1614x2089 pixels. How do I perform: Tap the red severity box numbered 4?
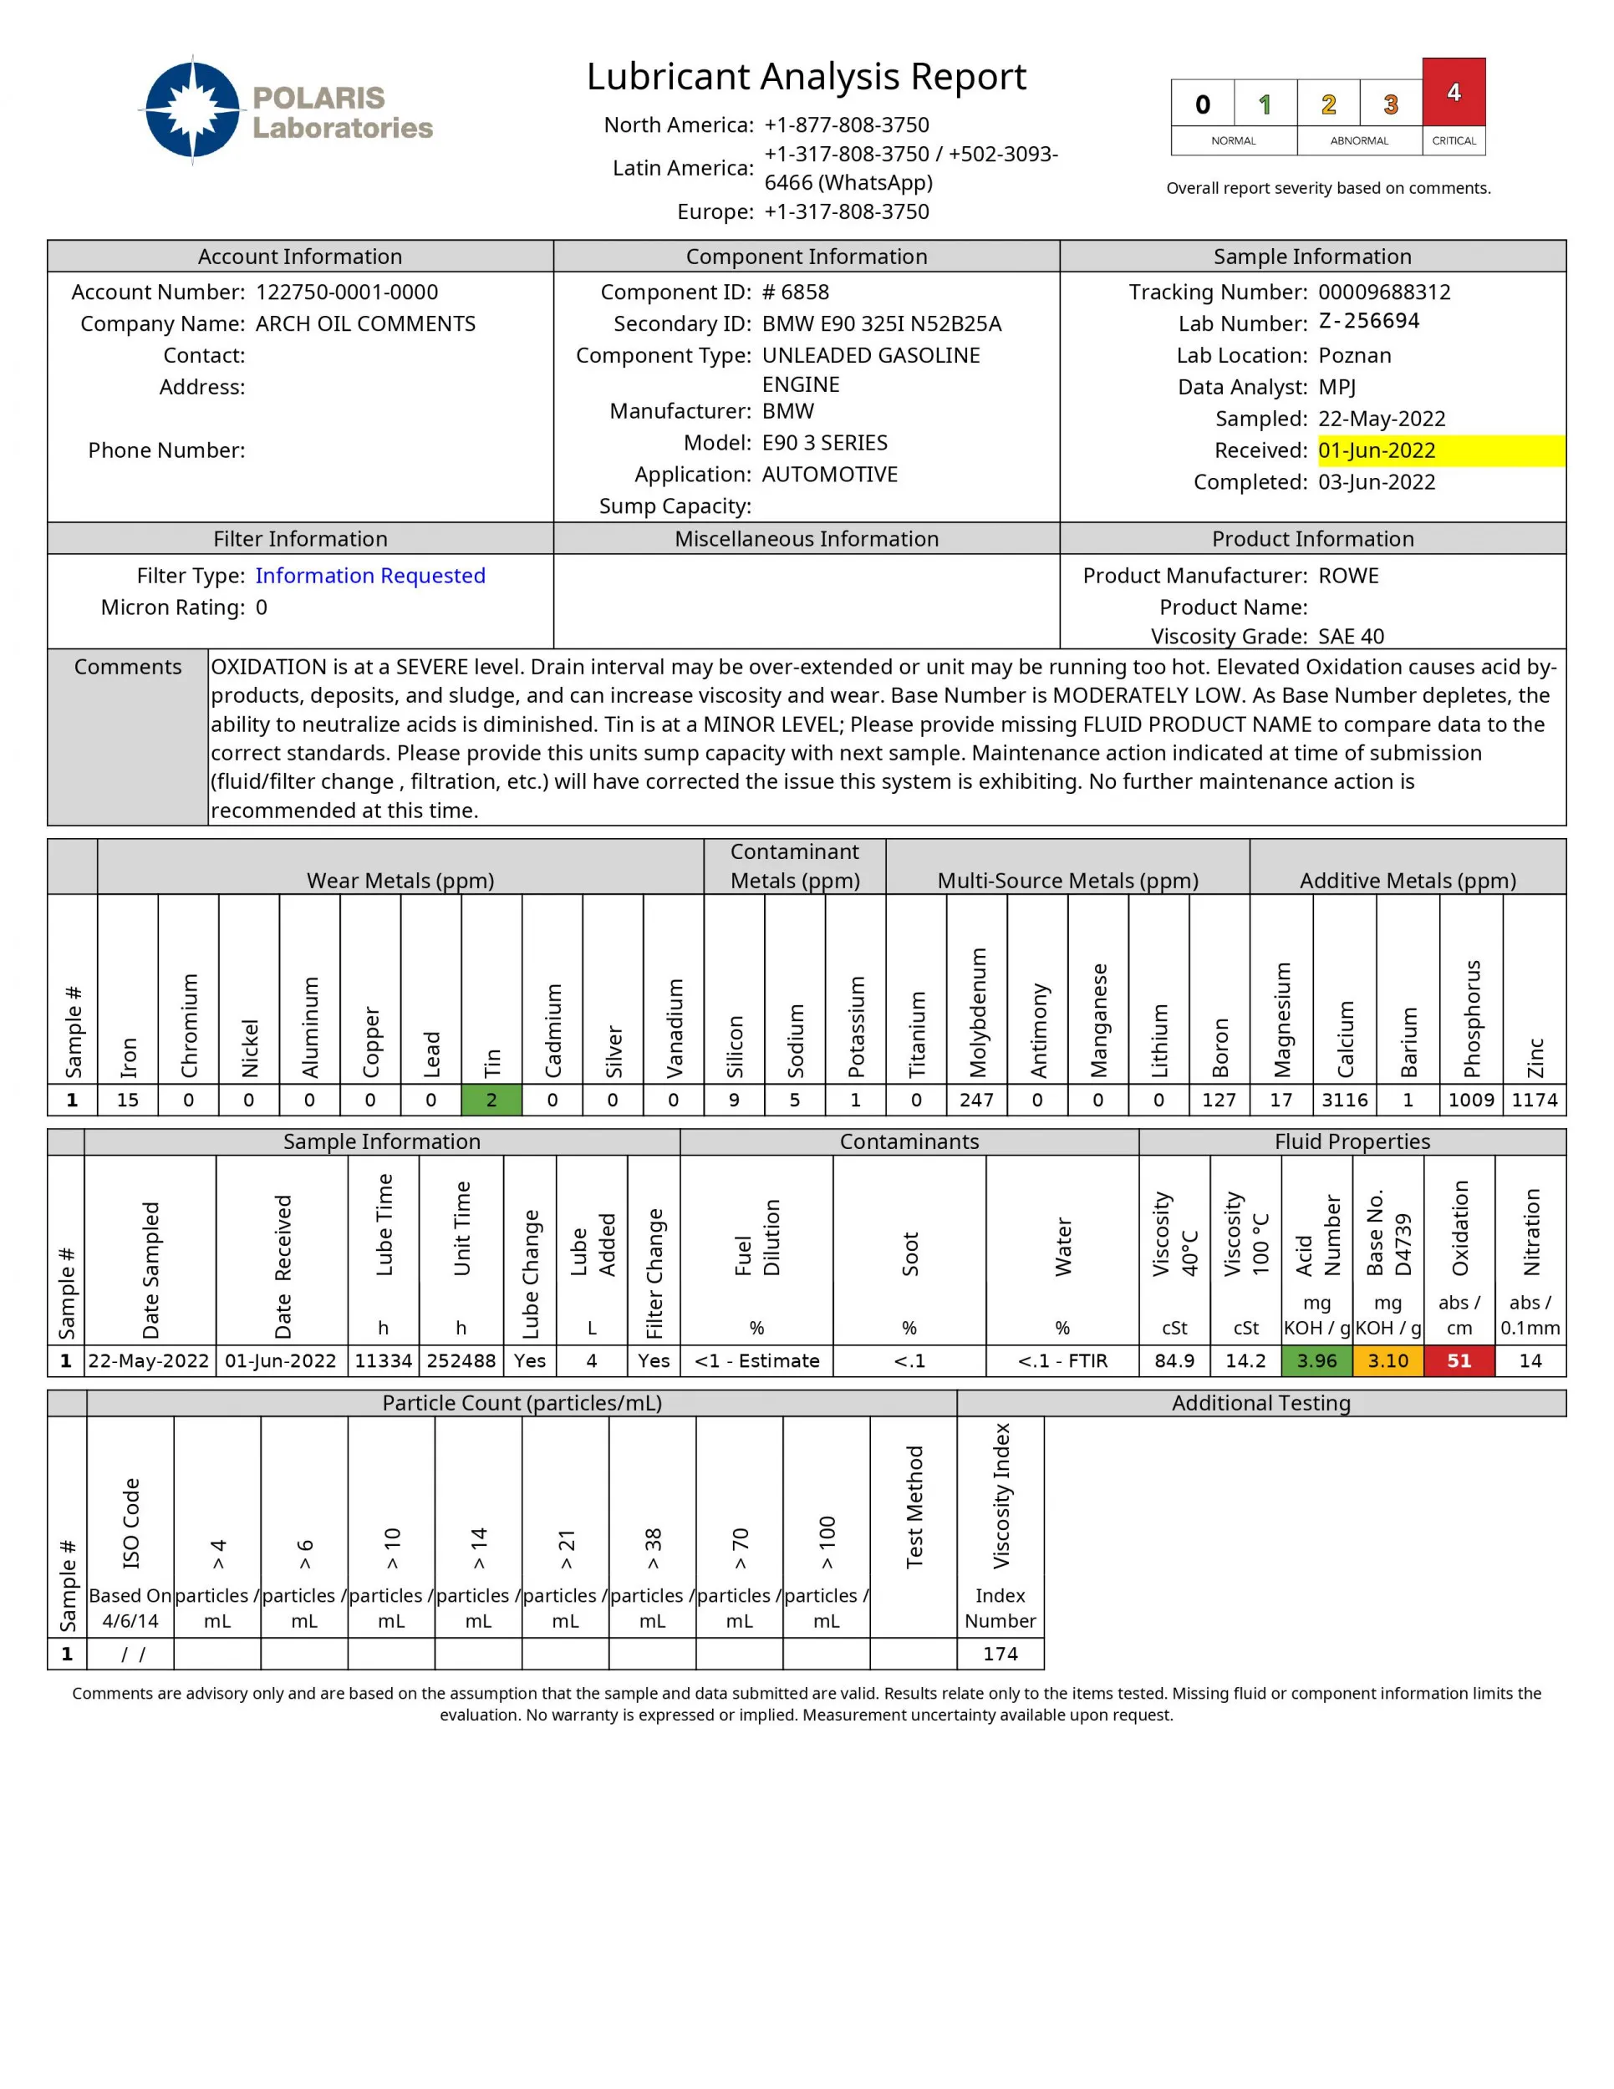1453,93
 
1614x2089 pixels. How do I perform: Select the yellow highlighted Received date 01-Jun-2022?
1376,450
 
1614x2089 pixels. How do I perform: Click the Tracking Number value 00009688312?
1383,292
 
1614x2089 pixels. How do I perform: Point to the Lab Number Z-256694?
1368,322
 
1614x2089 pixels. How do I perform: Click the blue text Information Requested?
370,576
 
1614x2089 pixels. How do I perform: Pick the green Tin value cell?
491,1100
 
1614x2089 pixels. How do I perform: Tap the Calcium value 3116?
1344,1100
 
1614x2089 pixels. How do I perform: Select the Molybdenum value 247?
976,1100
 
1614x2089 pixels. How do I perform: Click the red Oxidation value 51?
1458,1360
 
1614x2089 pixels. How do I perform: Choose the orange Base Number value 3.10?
1387,1360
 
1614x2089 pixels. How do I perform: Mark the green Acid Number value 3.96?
1316,1360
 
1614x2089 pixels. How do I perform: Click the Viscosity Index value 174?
1000,1654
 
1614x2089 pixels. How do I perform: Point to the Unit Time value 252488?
461,1360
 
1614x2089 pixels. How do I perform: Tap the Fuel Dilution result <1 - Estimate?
756,1360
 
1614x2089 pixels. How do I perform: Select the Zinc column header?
1535,1057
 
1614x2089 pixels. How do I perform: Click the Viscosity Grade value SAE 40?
1351,636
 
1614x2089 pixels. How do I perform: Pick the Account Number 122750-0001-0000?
346,292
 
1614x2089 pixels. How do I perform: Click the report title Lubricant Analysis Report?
806,77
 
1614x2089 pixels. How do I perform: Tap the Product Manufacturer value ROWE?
1348,576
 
